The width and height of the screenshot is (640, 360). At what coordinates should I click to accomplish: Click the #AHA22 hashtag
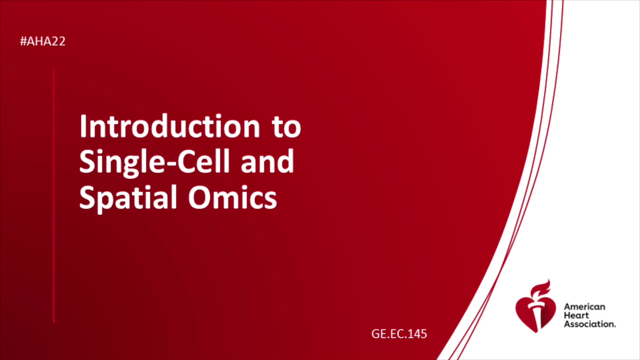pyautogui.click(x=43, y=41)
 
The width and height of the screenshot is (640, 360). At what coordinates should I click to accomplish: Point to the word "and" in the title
pyautogui.click(x=267, y=162)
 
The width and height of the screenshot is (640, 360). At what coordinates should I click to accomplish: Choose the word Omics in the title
pyautogui.click(x=232, y=198)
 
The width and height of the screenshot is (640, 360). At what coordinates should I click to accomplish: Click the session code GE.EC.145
pyautogui.click(x=399, y=334)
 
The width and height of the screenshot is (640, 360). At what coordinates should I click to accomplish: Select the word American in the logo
pyautogui.click(x=584, y=307)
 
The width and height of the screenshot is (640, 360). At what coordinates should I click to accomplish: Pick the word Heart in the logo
pyautogui.click(x=576, y=315)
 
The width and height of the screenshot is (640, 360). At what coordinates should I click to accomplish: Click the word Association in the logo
pyautogui.click(x=590, y=324)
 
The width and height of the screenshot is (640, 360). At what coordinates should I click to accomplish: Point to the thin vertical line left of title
pyautogui.click(x=54, y=196)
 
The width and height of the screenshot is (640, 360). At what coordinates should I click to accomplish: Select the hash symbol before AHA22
pyautogui.click(x=23, y=41)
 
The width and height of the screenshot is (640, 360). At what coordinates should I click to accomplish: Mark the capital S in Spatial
pyautogui.click(x=86, y=198)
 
